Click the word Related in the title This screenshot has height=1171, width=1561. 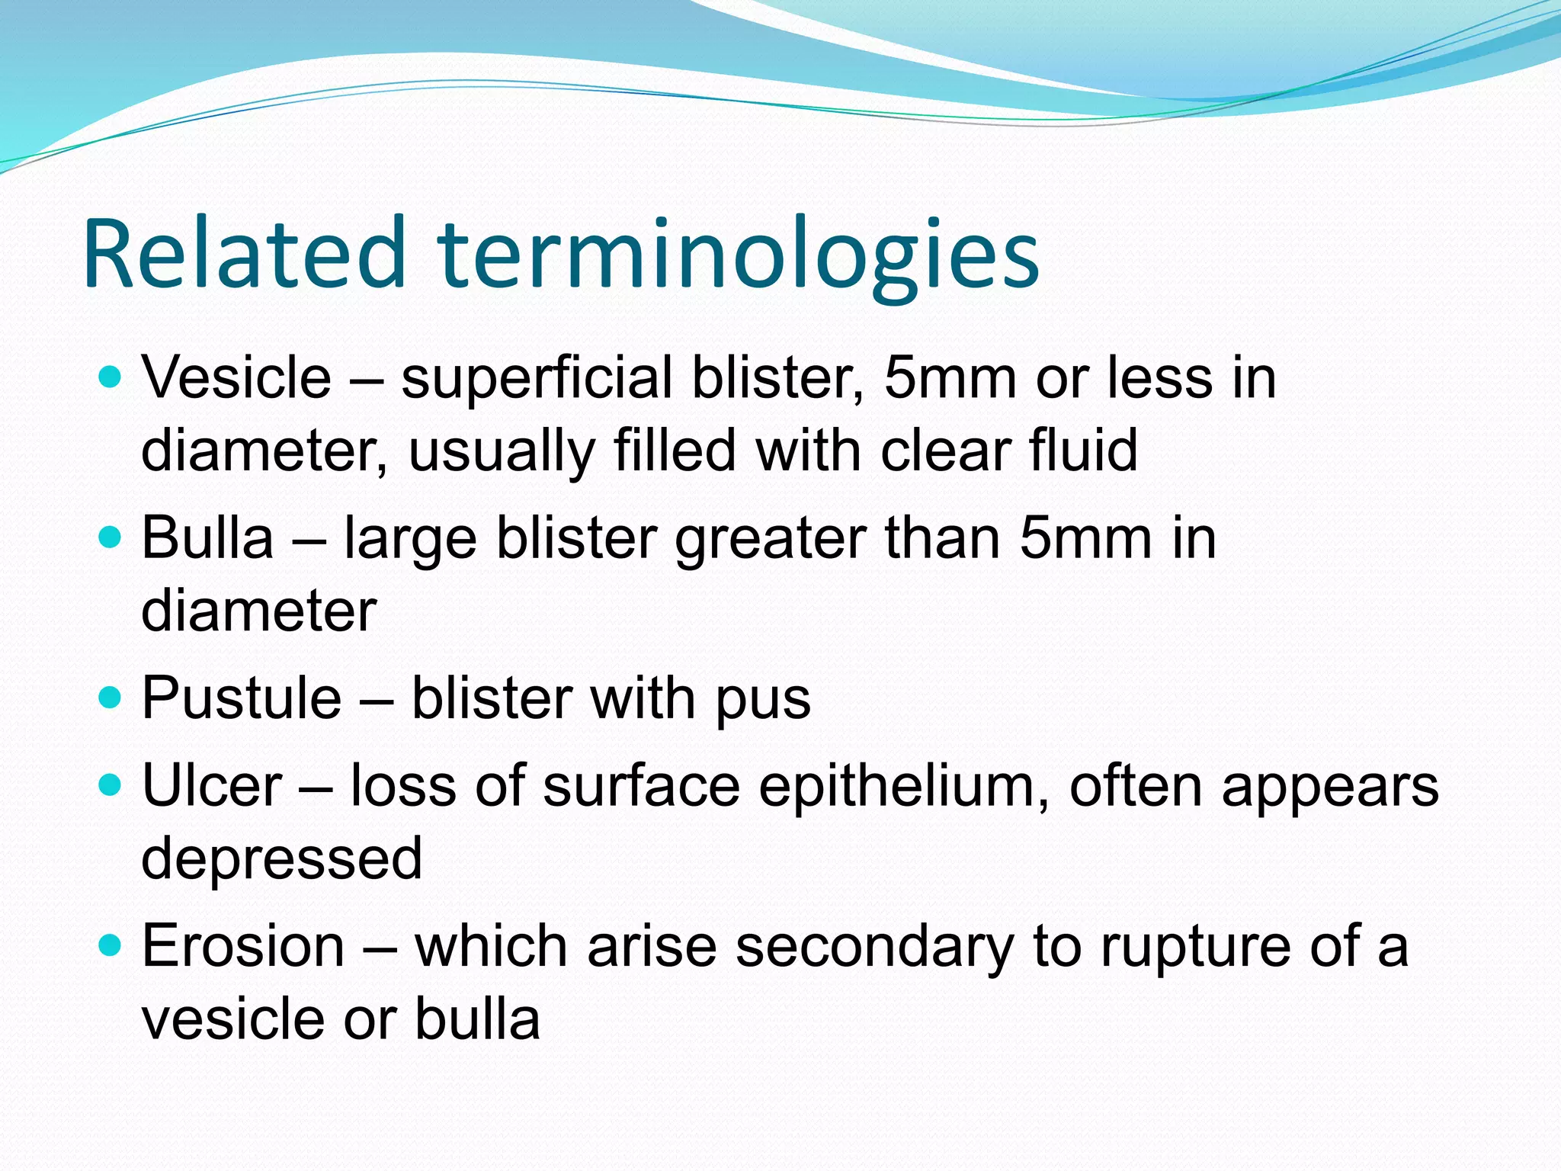[244, 253]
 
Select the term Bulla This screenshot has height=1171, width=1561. [207, 537]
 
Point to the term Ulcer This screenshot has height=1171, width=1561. [212, 785]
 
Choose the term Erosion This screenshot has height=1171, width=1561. [243, 945]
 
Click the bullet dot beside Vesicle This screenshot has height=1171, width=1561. [111, 376]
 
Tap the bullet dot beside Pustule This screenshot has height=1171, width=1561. [111, 696]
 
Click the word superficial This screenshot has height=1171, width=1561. [537, 379]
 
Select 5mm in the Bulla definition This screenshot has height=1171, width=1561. [1085, 537]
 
